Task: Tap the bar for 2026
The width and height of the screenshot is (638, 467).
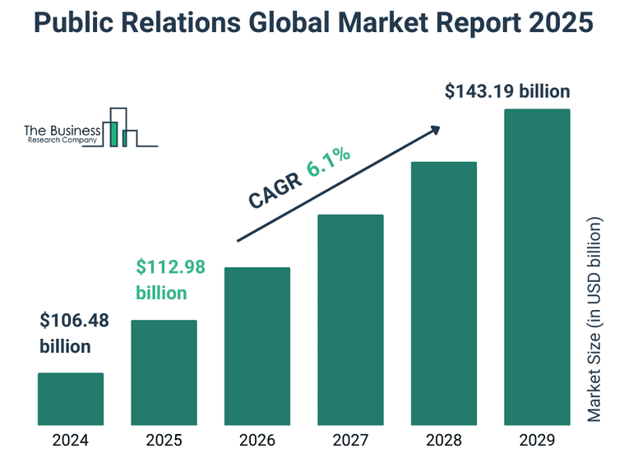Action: pos(257,346)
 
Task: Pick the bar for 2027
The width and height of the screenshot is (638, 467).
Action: pos(350,320)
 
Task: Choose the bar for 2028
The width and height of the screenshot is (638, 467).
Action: pos(443,294)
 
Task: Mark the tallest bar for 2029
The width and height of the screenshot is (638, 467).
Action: pos(537,267)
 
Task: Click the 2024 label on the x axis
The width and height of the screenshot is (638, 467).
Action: pos(71,441)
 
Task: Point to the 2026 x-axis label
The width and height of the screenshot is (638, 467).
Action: pos(257,441)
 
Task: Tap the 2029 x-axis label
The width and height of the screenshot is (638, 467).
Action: pos(537,441)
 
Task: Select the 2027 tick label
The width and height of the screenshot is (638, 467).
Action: pos(350,441)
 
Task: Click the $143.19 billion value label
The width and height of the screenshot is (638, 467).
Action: pos(507,91)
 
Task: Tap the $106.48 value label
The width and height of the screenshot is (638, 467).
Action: pos(74,321)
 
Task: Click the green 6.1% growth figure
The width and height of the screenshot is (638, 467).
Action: pos(329,161)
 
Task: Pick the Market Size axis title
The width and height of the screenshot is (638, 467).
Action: pos(595,319)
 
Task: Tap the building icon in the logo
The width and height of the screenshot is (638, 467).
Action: pos(123,128)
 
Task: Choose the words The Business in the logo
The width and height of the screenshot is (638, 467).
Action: pos(62,130)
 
